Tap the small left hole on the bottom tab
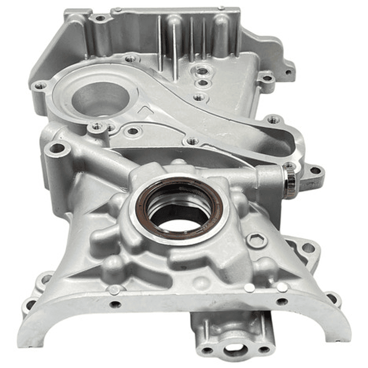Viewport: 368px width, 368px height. coord(207,350)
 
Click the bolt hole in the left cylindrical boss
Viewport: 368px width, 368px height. coord(57,149)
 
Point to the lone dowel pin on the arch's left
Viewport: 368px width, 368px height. coord(114,290)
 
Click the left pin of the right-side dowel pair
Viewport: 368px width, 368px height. coord(249,288)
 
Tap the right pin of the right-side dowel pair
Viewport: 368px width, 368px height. coord(282,287)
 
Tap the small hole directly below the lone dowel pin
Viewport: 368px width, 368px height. coord(116,304)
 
